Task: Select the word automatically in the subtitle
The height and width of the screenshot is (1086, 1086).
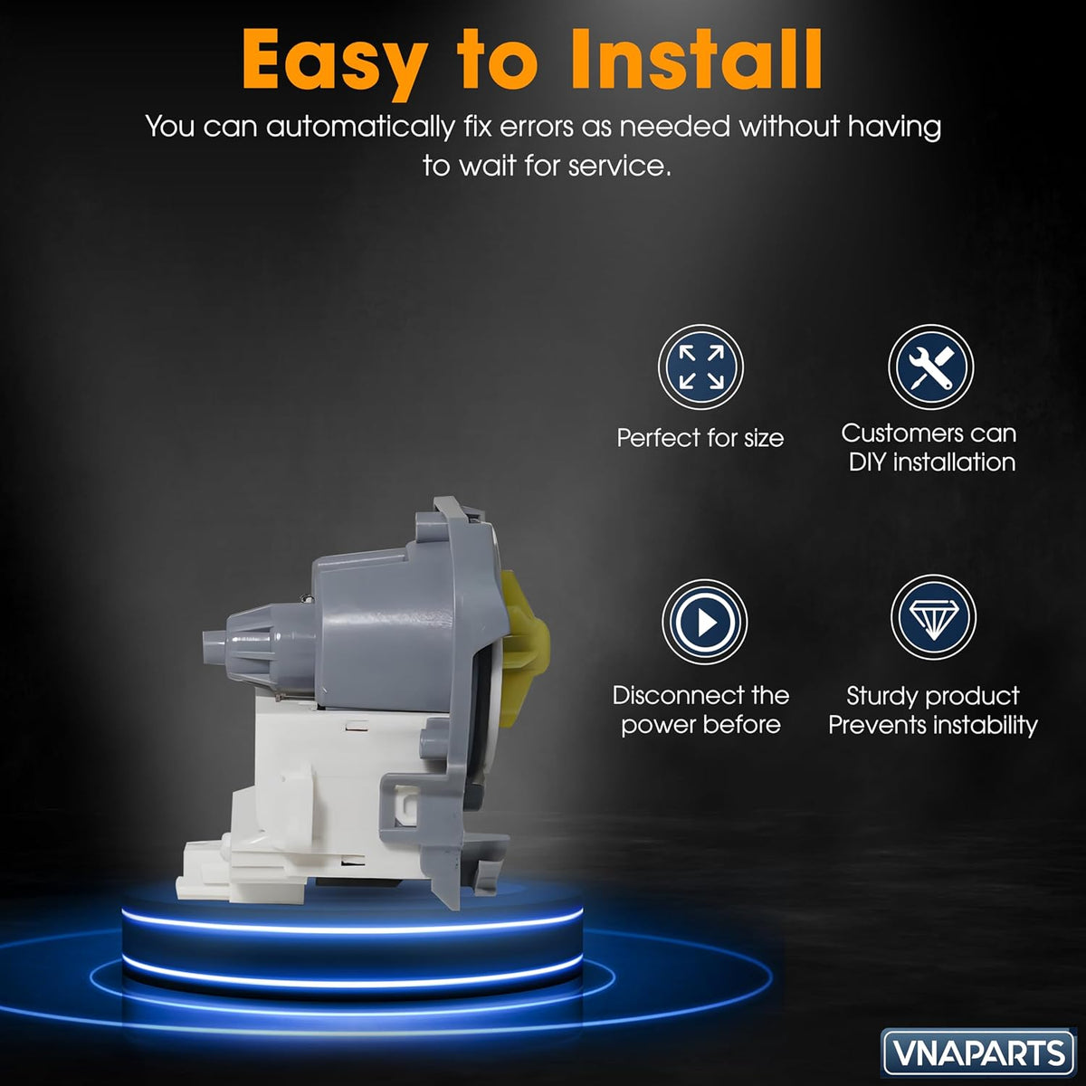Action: coord(359,127)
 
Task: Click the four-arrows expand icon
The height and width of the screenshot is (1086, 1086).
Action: coord(700,367)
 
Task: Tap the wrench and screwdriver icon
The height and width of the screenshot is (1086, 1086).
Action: coord(931,367)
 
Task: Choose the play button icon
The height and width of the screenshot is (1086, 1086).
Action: coord(704,622)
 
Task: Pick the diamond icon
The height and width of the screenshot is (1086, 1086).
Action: coord(933,617)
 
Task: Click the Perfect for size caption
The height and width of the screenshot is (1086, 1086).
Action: coord(700,438)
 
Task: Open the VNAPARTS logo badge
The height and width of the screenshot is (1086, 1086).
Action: coord(977,1053)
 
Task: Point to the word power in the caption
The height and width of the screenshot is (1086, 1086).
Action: coord(655,726)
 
